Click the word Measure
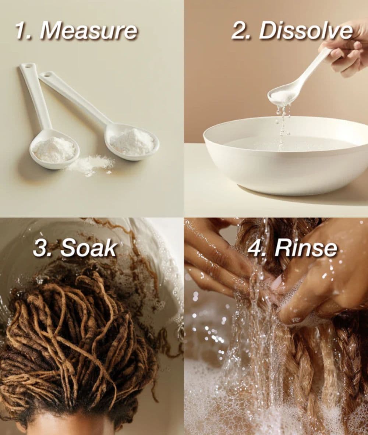click(88, 31)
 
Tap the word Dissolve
click(305, 31)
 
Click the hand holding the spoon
click(347, 50)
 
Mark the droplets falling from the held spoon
click(283, 122)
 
